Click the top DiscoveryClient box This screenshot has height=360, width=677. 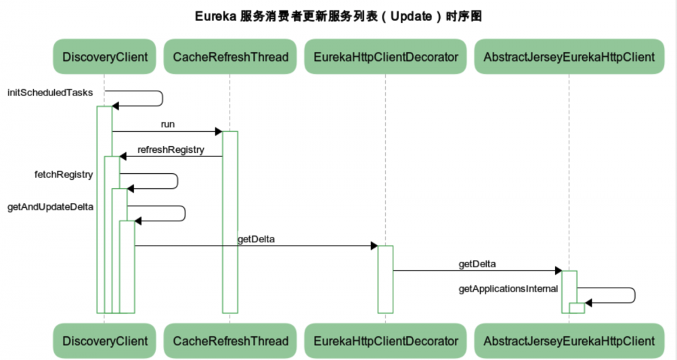[x=104, y=57]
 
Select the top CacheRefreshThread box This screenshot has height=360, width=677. [x=230, y=57]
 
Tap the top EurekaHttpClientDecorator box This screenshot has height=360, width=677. [x=385, y=57]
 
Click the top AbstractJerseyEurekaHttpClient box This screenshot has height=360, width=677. [x=569, y=57]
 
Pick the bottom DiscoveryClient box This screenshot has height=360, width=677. [x=104, y=340]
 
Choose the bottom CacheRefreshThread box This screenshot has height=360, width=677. [x=230, y=340]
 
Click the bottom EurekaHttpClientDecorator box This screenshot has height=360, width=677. [x=385, y=340]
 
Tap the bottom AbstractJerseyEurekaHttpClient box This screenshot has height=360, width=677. [x=569, y=340]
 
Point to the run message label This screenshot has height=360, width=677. [x=168, y=125]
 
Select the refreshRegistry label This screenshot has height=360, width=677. [x=171, y=150]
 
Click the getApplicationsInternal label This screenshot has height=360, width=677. [x=508, y=289]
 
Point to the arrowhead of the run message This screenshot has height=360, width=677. [x=218, y=131]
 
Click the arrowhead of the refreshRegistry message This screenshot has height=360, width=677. [x=123, y=156]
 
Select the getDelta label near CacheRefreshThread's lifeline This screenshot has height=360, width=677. [x=256, y=239]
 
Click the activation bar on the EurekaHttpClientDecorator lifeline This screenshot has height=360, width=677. [x=385, y=279]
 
